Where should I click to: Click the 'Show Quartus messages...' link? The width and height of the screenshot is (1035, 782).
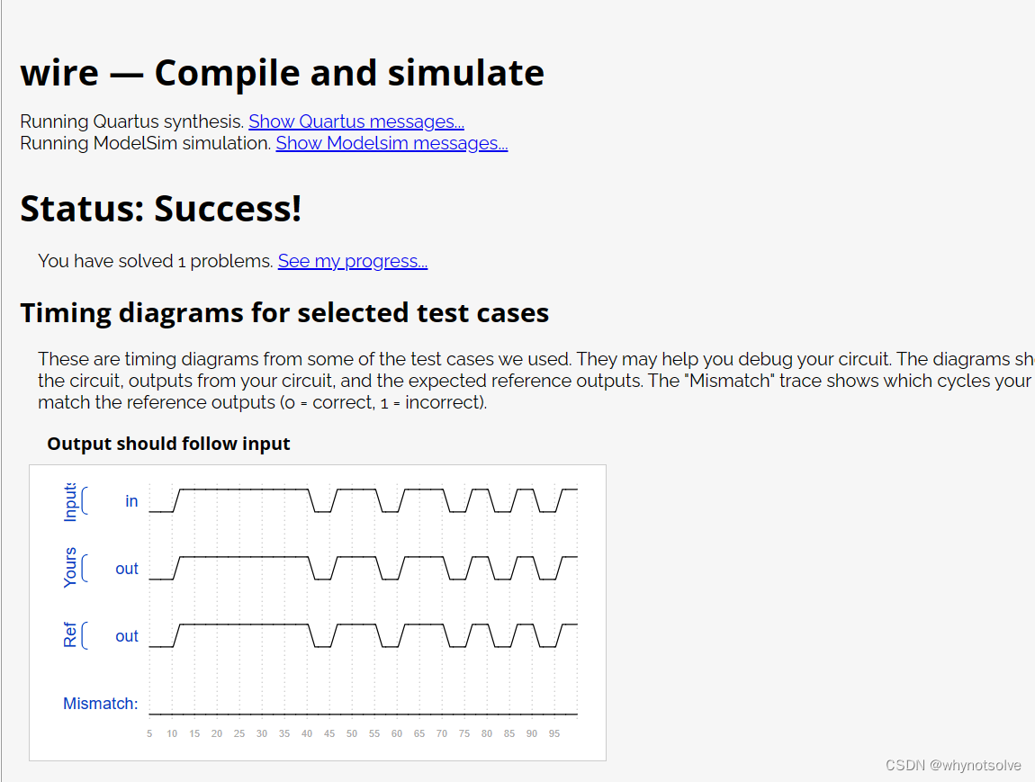pos(356,122)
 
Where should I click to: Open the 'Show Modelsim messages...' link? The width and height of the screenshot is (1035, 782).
pos(392,144)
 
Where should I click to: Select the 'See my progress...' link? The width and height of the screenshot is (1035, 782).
pos(353,261)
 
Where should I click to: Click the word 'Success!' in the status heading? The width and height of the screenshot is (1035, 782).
pos(228,209)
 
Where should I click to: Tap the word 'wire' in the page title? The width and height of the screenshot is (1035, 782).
pos(59,73)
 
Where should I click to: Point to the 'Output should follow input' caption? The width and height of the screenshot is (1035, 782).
pos(168,444)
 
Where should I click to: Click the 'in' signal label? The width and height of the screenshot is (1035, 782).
pos(131,501)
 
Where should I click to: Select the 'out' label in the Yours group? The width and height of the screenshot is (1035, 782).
pos(127,569)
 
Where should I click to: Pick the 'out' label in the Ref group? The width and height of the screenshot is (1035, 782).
pos(127,636)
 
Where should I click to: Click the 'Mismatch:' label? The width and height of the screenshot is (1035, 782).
pos(100,704)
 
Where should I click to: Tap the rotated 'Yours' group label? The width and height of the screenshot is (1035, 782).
pos(70,568)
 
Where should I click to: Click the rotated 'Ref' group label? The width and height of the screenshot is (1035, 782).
pos(70,634)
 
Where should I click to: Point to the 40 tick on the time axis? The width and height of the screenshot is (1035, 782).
pos(307,733)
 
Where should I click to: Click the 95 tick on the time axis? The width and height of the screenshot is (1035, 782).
pos(554,733)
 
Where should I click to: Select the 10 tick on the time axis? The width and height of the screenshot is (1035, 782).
pos(172,733)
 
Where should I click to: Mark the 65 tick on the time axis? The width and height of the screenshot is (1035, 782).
pos(419,733)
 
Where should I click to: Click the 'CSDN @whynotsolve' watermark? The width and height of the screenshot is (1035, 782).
pos(953,765)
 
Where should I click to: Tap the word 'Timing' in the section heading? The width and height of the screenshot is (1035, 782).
pos(66,313)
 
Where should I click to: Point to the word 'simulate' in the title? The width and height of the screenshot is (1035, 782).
pos(466,73)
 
